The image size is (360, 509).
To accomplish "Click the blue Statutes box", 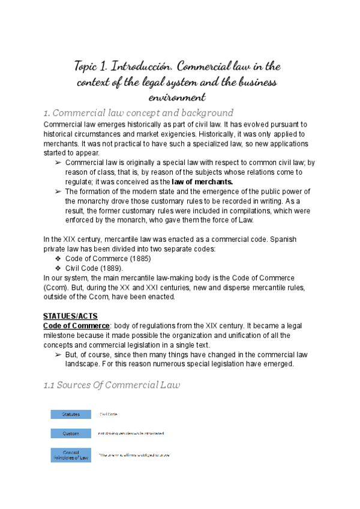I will pyautogui.click(x=71, y=414).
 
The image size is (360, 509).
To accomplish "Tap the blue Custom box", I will pyautogui.click(x=71, y=433).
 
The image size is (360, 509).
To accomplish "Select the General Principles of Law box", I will pyautogui.click(x=71, y=455).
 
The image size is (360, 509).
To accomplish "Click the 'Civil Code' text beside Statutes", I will pyautogui.click(x=109, y=414).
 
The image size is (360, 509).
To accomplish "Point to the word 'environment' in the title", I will pyautogui.click(x=177, y=96).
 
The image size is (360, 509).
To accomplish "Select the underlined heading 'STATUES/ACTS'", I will pyautogui.click(x=70, y=316).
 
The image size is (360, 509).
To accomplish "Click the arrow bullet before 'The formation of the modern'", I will pyautogui.click(x=58, y=191).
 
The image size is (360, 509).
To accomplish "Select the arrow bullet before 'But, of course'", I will pyautogui.click(x=58, y=355).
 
